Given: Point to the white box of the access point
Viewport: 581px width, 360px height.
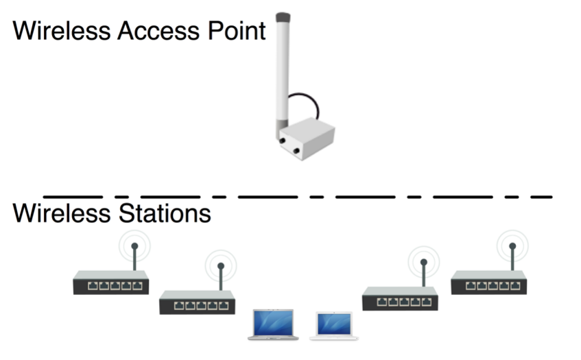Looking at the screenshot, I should click(x=308, y=140).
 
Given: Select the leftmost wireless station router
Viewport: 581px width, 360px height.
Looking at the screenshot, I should click(x=110, y=283).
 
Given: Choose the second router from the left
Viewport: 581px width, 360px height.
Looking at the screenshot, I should click(x=197, y=302).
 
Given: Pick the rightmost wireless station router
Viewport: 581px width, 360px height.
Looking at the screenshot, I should click(x=488, y=282).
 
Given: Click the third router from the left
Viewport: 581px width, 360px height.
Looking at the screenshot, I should click(x=400, y=298).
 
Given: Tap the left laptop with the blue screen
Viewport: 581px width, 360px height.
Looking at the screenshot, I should click(x=272, y=324).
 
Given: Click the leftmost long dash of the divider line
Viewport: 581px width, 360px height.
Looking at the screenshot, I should click(x=73, y=196).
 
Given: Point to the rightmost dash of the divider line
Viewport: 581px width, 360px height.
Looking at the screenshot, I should click(x=542, y=196).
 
